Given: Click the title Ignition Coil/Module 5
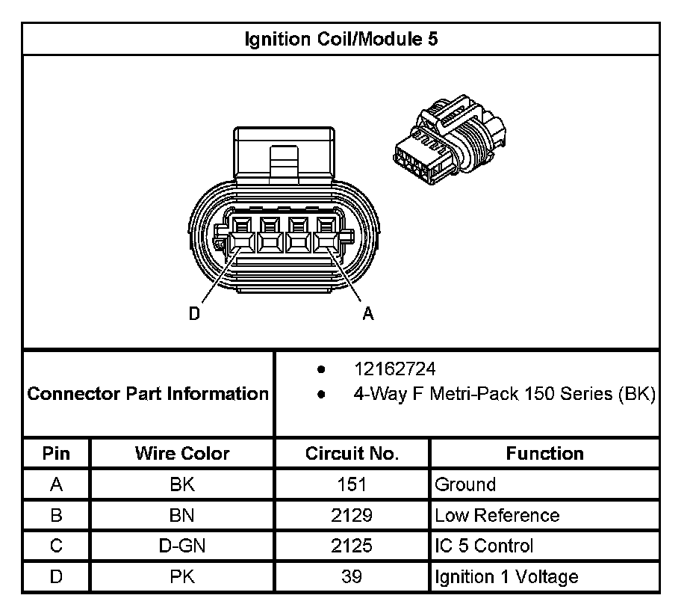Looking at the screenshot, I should tap(341, 39).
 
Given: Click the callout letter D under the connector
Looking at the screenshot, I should tap(194, 315).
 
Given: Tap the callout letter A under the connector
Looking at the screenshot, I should tap(368, 315).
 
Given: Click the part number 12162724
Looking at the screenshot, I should tap(395, 369).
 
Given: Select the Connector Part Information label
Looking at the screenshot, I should tap(148, 393).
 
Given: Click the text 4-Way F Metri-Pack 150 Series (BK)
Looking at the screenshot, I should tap(504, 394).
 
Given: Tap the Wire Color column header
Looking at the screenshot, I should tap(182, 453).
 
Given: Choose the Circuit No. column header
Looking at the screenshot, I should tap(352, 453).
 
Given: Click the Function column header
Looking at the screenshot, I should tap(544, 453).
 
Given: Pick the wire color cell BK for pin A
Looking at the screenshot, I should tap(182, 484).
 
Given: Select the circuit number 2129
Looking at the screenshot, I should tap(352, 515).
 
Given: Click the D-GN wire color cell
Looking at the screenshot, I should tap(182, 546).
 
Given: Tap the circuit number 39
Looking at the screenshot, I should tap(352, 577).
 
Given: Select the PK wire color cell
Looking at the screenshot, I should tap(182, 577).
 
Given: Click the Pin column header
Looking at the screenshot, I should tap(56, 453).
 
